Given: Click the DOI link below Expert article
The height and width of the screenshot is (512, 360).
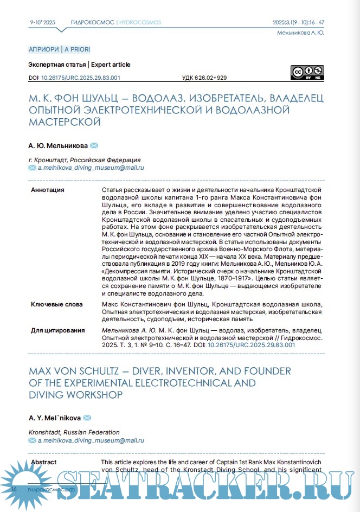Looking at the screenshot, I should (x=80, y=78).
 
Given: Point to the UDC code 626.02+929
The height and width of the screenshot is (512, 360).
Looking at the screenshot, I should (x=204, y=78).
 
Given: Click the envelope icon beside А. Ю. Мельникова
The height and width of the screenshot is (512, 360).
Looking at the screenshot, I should (x=94, y=145).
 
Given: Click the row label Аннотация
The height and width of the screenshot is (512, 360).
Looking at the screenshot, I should (x=48, y=190).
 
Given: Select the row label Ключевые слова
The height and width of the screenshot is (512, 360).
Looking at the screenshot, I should (x=57, y=305).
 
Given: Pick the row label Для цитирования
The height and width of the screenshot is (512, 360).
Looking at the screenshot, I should (x=58, y=330).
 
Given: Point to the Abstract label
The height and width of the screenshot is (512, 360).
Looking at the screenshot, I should (x=44, y=462).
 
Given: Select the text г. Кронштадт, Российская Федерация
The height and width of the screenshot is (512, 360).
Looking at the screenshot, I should (x=84, y=161).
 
